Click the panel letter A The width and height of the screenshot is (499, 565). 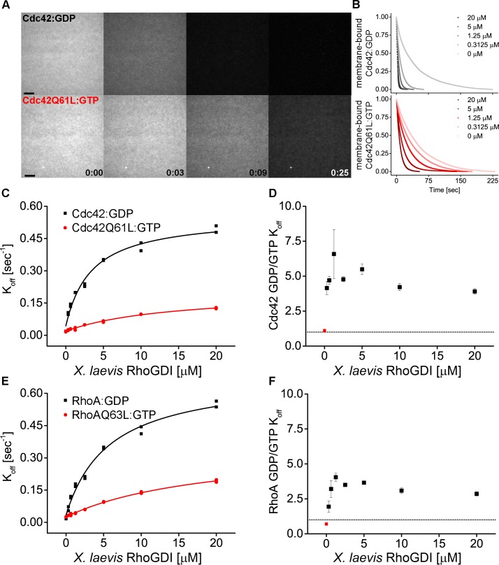point(6,6)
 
